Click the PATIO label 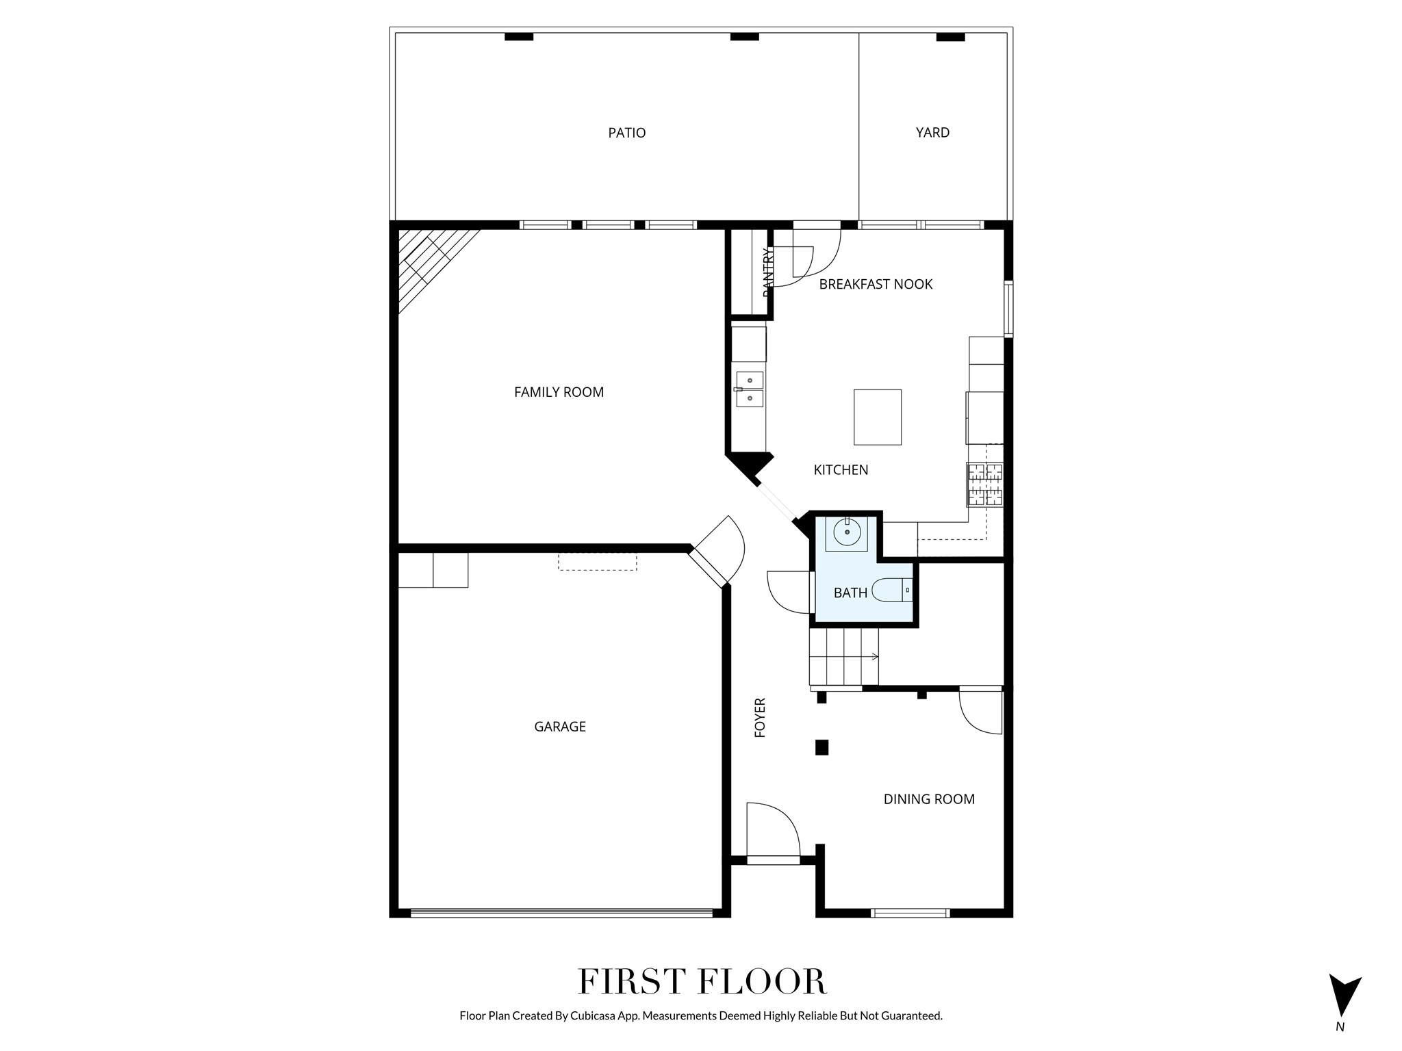pos(626,133)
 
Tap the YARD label pos(932,133)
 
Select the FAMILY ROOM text pos(559,392)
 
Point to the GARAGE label pos(559,727)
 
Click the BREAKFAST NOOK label pos(876,285)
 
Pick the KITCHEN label pos(841,470)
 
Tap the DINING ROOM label pos(929,799)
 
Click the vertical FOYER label pos(760,717)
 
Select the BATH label pos(850,593)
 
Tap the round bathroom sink pos(847,532)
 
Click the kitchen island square pos(877,417)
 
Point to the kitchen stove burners pos(984,484)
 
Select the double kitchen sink pos(750,389)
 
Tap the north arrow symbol pos(1344,996)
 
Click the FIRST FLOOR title pos(702,982)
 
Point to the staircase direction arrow pos(875,657)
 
